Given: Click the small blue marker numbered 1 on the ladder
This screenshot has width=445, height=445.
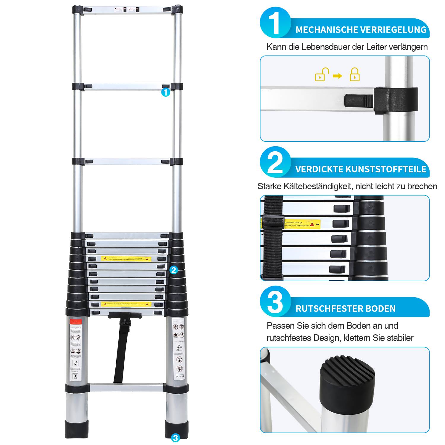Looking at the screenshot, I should [166, 93].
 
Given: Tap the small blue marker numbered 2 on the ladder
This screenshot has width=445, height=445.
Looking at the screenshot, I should [174, 270].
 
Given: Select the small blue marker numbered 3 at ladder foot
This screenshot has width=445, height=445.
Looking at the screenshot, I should [175, 438].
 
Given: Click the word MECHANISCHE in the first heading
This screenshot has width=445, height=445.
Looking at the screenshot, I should [327, 30].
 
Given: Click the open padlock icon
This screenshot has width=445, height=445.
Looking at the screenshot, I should [322, 75].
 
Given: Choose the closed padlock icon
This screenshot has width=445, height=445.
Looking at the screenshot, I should [355, 75].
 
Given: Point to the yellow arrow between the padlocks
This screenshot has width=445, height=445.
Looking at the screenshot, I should [337, 76].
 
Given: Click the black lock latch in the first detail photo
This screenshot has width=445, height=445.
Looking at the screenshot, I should [359, 101].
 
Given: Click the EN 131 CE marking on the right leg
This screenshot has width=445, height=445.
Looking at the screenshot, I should [180, 377].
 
